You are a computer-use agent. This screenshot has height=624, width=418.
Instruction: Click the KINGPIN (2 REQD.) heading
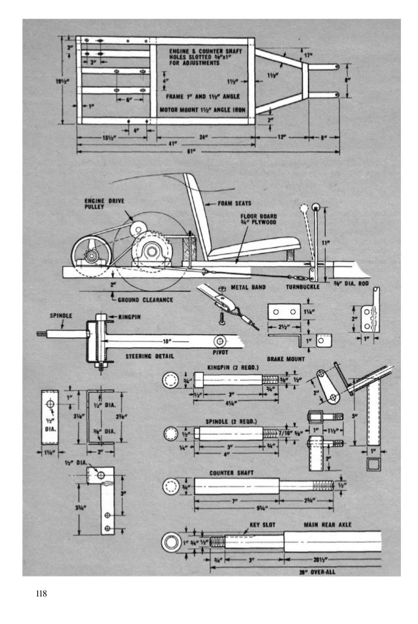[x=233, y=368]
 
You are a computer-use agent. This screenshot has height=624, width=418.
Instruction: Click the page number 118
[x=42, y=595]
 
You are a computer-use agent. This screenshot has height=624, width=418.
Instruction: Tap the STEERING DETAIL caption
[x=148, y=357]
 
